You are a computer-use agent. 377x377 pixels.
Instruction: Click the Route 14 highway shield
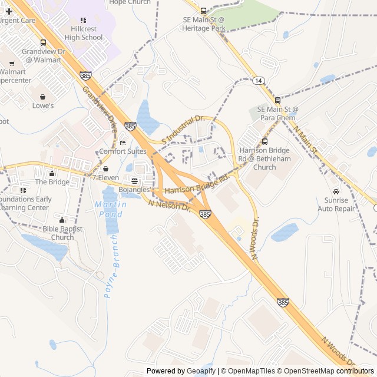(258, 80)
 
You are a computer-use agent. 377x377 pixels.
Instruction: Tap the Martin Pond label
(110, 209)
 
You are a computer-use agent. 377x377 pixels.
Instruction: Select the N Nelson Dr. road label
(170, 206)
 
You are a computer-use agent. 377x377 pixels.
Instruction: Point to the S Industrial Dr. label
(183, 129)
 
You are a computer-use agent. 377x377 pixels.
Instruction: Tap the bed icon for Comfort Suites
(123, 142)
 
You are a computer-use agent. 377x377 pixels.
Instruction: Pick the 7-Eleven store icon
(105, 168)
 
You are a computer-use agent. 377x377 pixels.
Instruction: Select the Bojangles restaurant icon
(134, 181)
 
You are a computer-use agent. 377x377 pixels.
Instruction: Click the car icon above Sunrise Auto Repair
(336, 191)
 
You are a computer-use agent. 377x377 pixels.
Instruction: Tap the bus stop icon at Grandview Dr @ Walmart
(43, 42)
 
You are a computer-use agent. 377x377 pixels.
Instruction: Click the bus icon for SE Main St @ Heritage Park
(204, 11)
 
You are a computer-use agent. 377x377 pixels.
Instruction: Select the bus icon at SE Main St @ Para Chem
(277, 100)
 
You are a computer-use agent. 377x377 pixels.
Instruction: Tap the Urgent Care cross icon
(9, 11)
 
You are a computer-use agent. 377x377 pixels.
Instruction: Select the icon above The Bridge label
(52, 173)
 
